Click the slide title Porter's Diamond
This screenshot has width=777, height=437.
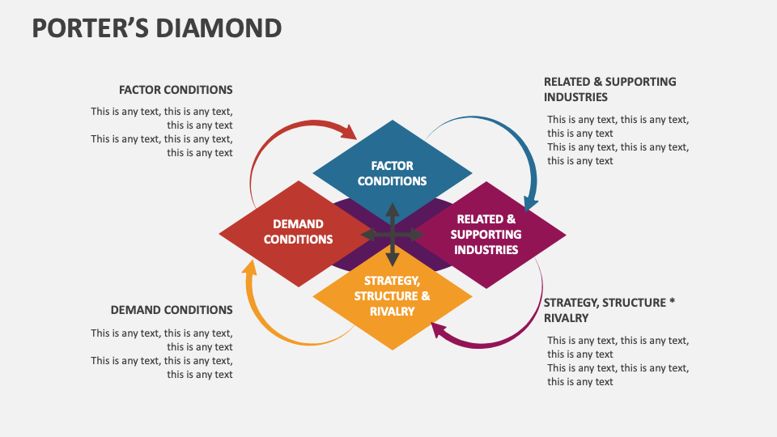click(x=157, y=28)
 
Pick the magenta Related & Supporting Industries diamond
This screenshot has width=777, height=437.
click(x=495, y=235)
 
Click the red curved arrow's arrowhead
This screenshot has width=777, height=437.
click(x=349, y=131)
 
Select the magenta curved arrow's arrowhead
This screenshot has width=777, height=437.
click(x=439, y=329)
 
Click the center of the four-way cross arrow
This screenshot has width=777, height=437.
click(x=393, y=235)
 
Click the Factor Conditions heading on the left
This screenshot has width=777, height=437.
click(x=176, y=90)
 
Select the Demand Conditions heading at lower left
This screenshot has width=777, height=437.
click(x=172, y=310)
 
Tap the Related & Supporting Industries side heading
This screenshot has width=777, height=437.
click(x=609, y=89)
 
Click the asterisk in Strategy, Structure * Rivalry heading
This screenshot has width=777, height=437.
click(x=671, y=302)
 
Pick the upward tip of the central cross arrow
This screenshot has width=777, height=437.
click(x=393, y=208)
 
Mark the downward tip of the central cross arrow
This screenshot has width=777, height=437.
click(x=393, y=261)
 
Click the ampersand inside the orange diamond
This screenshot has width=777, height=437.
click(x=426, y=296)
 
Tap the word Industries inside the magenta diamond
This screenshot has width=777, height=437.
click(x=486, y=249)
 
